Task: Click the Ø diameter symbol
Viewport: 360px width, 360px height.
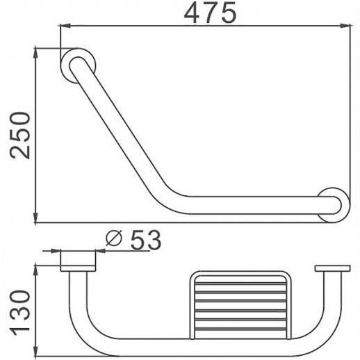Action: pos(115,240)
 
